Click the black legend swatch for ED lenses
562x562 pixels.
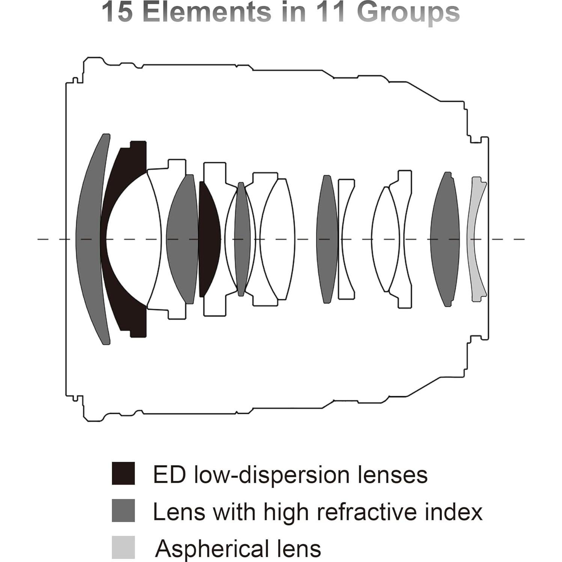[123, 473]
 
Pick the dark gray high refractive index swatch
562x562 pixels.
[123, 510]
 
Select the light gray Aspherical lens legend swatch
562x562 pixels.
[123, 547]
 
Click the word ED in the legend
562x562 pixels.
[169, 475]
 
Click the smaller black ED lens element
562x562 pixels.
[208, 239]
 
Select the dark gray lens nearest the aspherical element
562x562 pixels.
[445, 239]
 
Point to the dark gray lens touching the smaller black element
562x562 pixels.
[182, 239]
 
